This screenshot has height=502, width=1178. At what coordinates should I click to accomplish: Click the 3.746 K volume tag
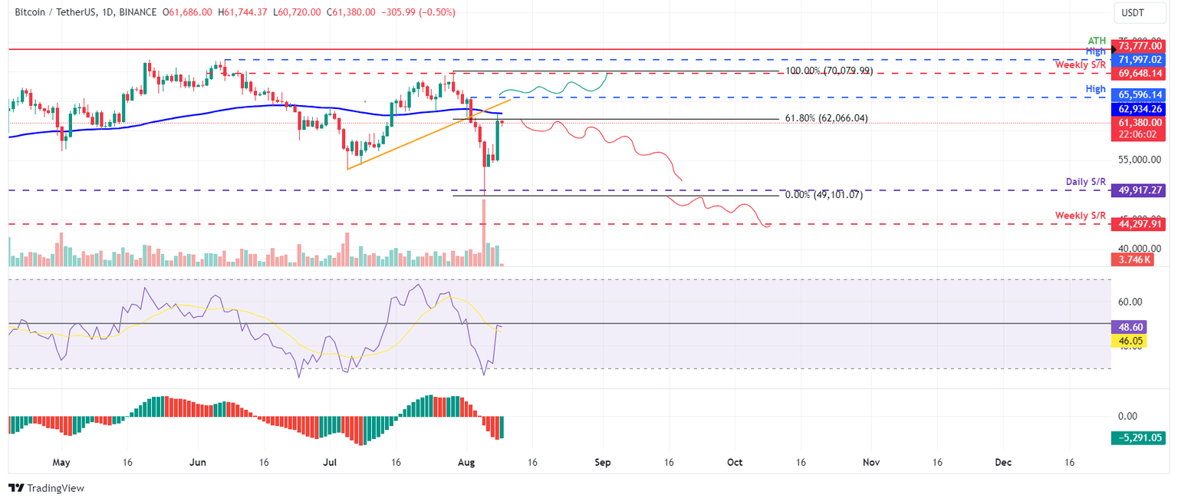tap(1131, 260)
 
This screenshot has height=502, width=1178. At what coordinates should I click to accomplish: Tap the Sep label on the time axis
tap(602, 463)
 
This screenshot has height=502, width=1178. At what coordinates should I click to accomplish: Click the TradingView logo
tap(46, 488)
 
